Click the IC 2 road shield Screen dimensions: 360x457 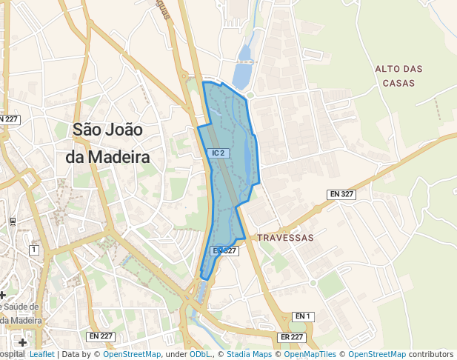click(218, 153)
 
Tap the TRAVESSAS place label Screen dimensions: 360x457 click(286, 238)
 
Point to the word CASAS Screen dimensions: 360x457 click(398, 83)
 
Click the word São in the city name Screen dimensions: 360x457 click(93, 129)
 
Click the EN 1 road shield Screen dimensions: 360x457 click(303, 316)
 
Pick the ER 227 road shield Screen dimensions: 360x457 click(293, 337)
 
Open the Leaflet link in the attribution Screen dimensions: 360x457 click(41, 355)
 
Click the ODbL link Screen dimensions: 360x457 click(200, 355)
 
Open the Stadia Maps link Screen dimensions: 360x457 click(249, 355)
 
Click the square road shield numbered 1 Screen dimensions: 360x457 click(33, 250)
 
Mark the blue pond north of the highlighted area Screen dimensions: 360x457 click(242, 74)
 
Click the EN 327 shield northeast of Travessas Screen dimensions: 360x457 click(342, 194)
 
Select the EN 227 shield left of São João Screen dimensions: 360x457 click(9, 119)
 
